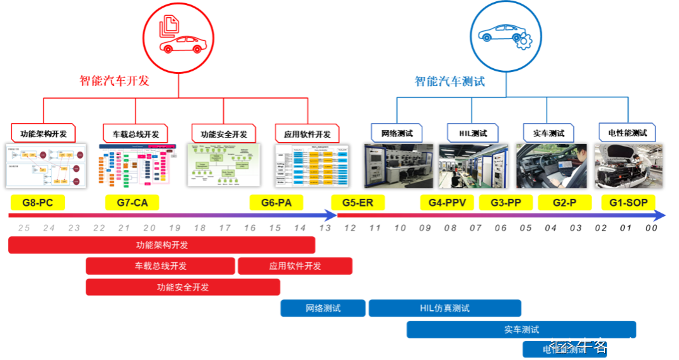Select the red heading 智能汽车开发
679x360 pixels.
(x=114, y=82)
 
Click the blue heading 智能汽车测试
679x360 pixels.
(x=449, y=82)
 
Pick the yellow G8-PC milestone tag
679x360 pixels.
(x=38, y=203)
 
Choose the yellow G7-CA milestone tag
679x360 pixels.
(x=132, y=203)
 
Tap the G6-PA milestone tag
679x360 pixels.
(x=276, y=203)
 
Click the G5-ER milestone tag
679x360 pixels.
(x=358, y=203)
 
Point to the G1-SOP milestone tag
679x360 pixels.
(x=628, y=203)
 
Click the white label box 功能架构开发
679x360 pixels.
(x=43, y=133)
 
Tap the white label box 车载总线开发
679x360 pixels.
(x=136, y=133)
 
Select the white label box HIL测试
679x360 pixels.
(x=473, y=133)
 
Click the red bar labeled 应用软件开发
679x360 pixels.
(x=295, y=266)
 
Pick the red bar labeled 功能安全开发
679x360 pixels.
(x=183, y=287)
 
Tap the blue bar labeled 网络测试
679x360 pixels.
(x=323, y=308)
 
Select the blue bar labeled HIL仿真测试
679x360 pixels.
(x=445, y=308)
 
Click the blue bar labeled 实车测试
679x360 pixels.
(x=521, y=329)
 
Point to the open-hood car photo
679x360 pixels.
(x=628, y=166)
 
